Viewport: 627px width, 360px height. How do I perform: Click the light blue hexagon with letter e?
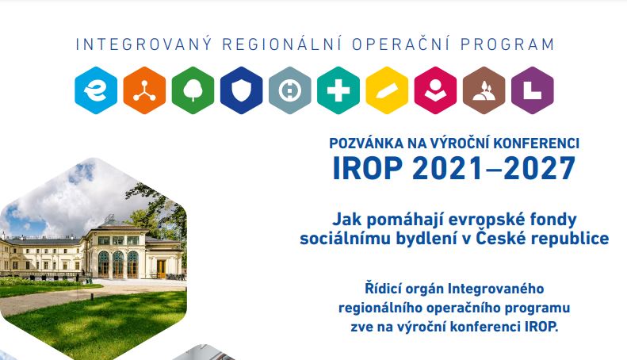coord(96,90)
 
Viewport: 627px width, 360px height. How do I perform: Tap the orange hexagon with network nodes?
coord(144,90)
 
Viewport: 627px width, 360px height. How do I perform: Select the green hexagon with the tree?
coord(193,90)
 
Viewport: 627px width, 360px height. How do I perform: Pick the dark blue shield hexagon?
coord(242,90)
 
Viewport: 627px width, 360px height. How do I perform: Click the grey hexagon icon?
coord(290,90)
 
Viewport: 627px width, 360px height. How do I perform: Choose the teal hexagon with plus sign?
coord(338,90)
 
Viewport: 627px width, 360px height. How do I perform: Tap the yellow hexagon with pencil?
coord(387,90)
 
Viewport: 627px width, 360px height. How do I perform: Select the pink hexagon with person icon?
coord(435,90)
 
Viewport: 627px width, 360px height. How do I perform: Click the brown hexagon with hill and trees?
coord(484,90)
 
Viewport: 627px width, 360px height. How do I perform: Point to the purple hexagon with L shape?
coord(532,90)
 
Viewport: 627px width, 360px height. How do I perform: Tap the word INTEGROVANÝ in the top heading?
coord(144,44)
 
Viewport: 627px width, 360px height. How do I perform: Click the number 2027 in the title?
coord(539,168)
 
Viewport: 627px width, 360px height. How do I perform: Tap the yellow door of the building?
coord(161,269)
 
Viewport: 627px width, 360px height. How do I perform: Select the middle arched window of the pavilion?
coord(118,264)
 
